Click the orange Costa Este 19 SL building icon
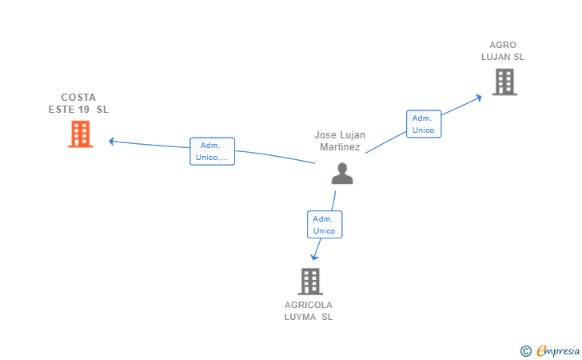tap(80, 134)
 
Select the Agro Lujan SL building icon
tap(504, 82)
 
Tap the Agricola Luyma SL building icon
tap(309, 281)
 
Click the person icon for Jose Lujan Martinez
tap(342, 174)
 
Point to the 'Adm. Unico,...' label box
tap(212, 151)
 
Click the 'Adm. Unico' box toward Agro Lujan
tap(423, 124)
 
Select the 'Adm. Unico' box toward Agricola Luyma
tap(324, 225)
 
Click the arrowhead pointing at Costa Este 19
tap(112, 141)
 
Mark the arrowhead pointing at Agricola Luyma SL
tap(314, 257)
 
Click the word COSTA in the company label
tap(78, 98)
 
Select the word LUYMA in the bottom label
tap(300, 317)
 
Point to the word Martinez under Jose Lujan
tap(341, 147)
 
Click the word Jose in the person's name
tap(325, 135)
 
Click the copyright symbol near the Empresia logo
tap(525, 350)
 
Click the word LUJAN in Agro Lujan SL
tap(496, 57)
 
